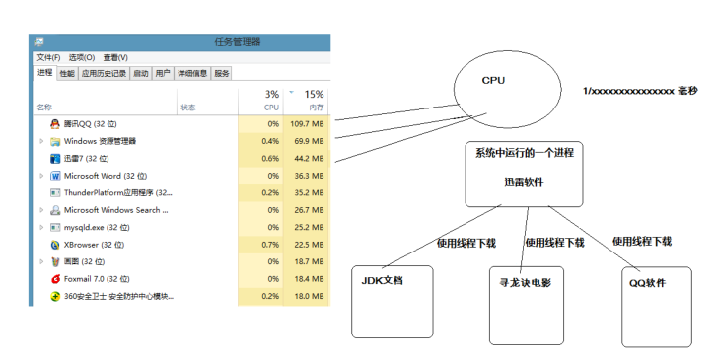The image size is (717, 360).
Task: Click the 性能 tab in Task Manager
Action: pyautogui.click(x=66, y=73)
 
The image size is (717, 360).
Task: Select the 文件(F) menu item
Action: pyautogui.click(x=48, y=57)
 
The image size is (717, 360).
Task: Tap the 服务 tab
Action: pyautogui.click(x=222, y=73)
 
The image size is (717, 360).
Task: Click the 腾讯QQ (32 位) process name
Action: pyautogui.click(x=90, y=123)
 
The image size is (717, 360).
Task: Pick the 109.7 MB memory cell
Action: pyautogui.click(x=307, y=123)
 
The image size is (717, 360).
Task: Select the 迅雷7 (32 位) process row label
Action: pyautogui.click(x=86, y=158)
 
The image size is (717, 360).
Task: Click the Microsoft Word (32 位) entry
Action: pyautogui.click(x=106, y=176)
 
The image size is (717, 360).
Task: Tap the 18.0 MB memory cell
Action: pyautogui.click(x=308, y=296)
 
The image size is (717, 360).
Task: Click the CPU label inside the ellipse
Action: pyautogui.click(x=493, y=81)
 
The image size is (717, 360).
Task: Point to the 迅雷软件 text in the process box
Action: pyautogui.click(x=523, y=181)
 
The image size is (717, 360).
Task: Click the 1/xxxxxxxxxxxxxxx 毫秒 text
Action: pyautogui.click(x=640, y=91)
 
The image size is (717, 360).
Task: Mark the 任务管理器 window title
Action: pyautogui.click(x=238, y=41)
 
